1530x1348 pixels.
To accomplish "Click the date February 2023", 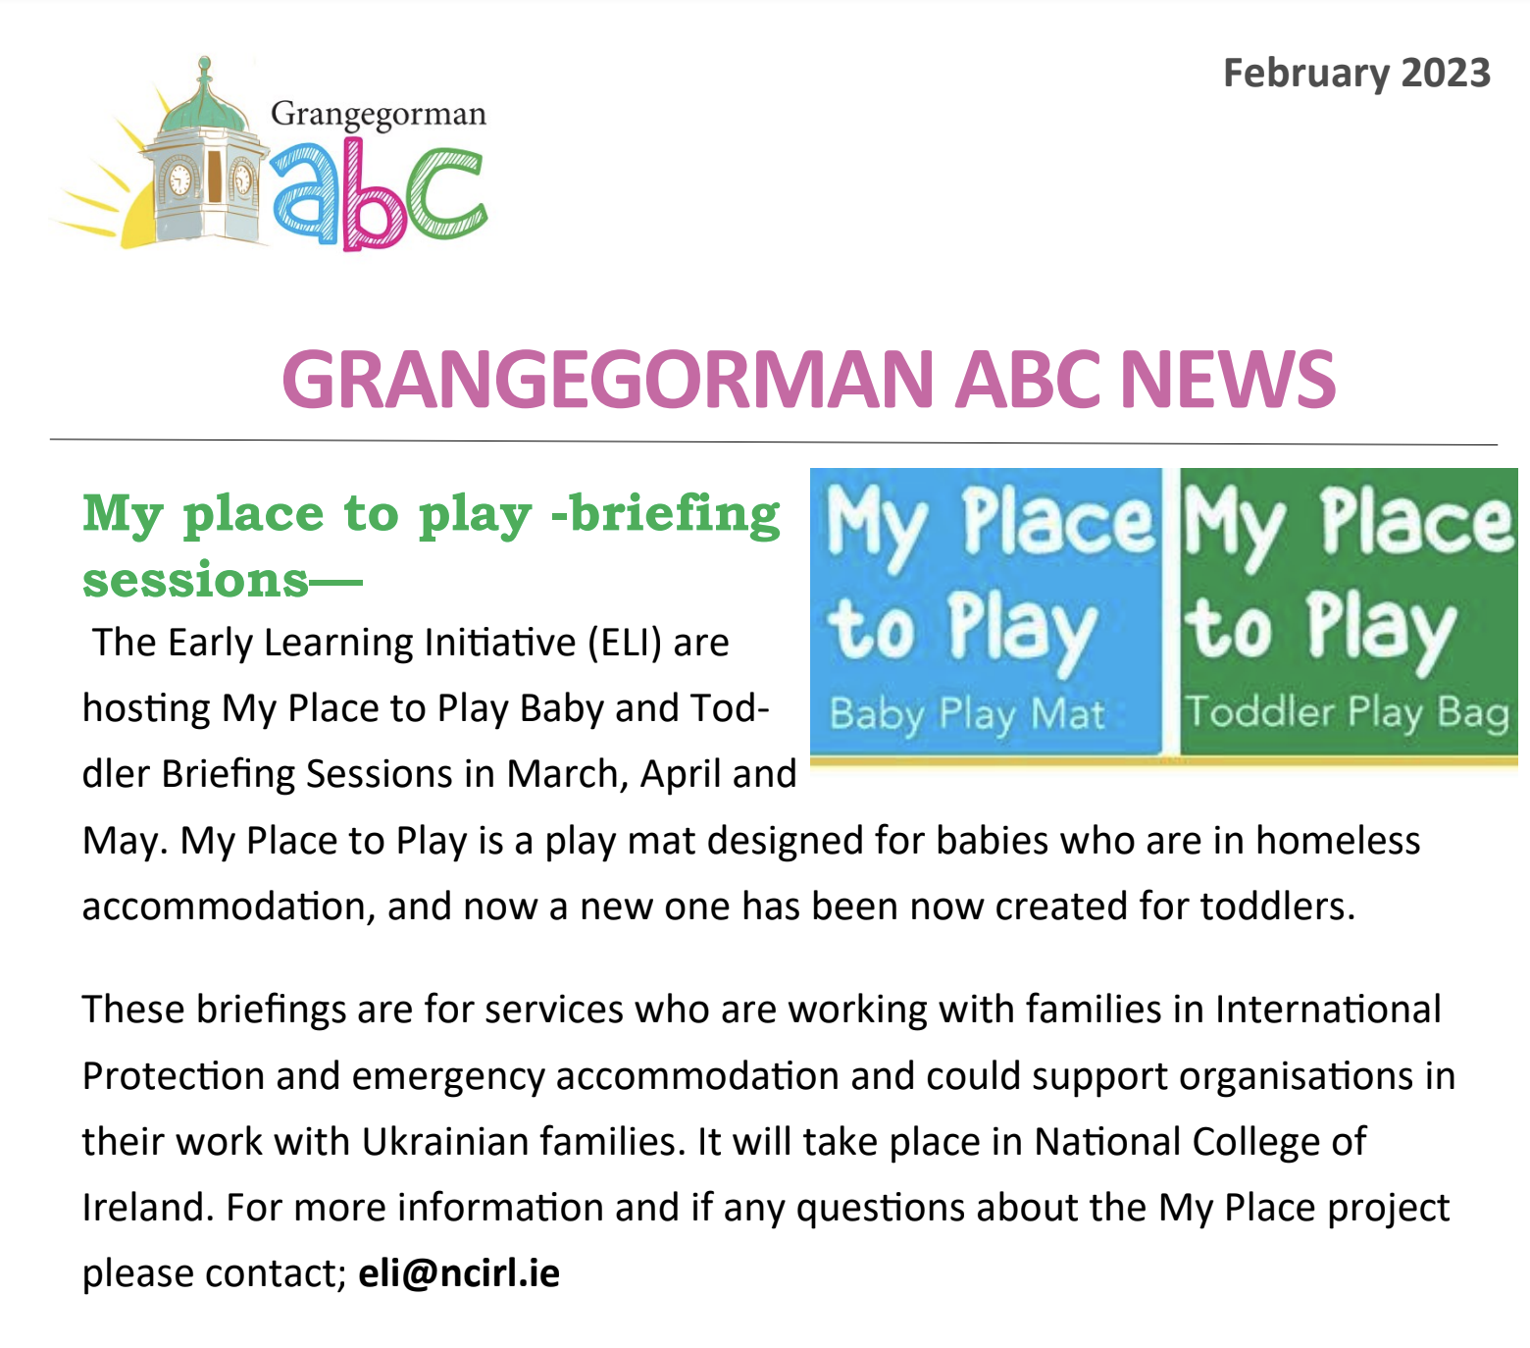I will [x=1356, y=74].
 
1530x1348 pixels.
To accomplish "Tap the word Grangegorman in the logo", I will [x=378, y=116].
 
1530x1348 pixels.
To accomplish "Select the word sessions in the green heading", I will [x=195, y=579].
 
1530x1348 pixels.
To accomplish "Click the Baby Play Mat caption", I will [x=967, y=713].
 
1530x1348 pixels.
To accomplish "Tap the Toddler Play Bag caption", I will [x=1347, y=711].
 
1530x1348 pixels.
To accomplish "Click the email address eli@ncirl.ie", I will [x=459, y=1272].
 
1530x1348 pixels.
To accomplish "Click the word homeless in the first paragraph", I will [x=1338, y=841].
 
